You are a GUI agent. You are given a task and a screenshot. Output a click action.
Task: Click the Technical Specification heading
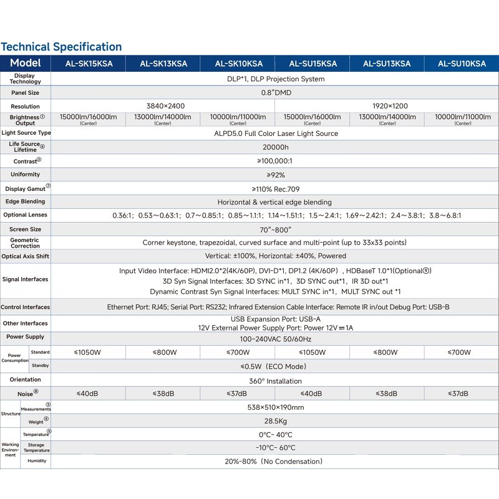click(61, 47)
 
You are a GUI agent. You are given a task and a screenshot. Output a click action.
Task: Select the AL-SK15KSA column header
click(88, 64)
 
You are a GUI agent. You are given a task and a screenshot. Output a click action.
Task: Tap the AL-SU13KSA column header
click(387, 64)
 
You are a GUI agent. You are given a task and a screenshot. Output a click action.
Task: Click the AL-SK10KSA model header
click(239, 64)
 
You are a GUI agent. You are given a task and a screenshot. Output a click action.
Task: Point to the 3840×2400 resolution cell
click(165, 106)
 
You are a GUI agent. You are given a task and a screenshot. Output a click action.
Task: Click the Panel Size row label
click(25, 93)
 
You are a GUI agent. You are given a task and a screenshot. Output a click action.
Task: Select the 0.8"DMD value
click(275, 93)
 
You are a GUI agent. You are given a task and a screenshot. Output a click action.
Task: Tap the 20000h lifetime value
click(275, 147)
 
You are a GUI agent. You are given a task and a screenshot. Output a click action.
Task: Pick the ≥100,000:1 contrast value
click(275, 161)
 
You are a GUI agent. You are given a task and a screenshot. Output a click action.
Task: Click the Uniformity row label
click(25, 175)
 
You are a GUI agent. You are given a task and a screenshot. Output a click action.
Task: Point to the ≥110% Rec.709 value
click(275, 188)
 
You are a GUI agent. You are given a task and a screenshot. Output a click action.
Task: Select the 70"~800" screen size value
click(275, 230)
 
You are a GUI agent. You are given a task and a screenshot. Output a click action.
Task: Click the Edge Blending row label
click(25, 201)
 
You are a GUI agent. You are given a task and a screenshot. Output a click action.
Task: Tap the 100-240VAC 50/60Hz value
click(275, 339)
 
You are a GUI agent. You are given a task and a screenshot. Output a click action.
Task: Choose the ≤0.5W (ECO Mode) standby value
click(275, 366)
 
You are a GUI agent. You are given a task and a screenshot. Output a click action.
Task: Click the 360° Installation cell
click(275, 380)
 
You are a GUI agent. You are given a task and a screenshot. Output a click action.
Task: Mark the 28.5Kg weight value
click(275, 421)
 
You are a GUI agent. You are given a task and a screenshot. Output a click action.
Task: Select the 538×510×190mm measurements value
click(275, 407)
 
